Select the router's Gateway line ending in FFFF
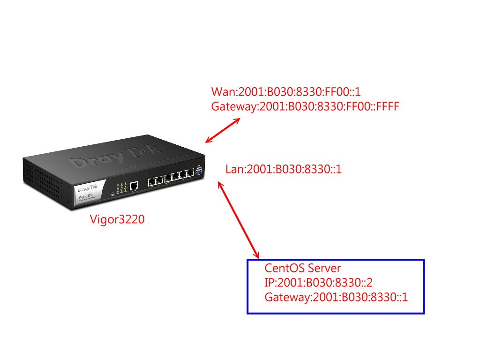coord(305,106)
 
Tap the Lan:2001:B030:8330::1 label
coord(284,169)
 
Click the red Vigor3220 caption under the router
coord(117,219)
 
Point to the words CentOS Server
coord(303,269)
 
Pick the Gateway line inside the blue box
coord(336,297)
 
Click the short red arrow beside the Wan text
coord(223,130)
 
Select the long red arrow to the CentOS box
coord(239,220)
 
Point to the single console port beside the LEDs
coord(134,185)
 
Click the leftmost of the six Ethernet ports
coord(152,181)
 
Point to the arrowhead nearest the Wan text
coord(237,120)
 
